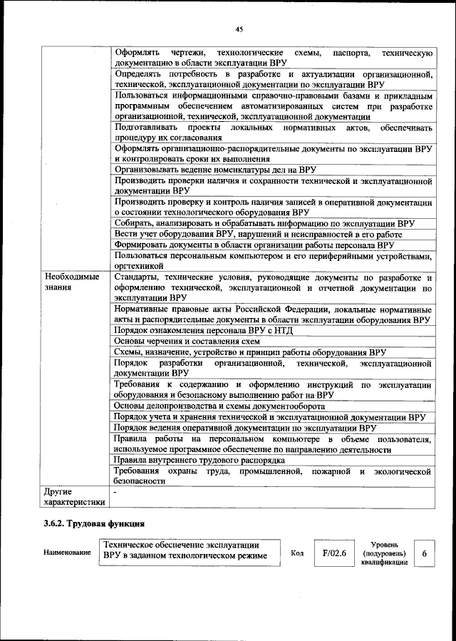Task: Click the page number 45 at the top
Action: (x=239, y=29)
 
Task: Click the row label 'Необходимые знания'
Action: (x=72, y=282)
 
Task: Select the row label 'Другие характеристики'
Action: (x=74, y=496)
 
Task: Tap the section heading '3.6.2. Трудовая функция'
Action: (x=88, y=525)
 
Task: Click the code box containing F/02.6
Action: (x=334, y=552)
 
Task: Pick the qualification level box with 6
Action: (x=425, y=553)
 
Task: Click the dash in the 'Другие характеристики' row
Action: (x=115, y=491)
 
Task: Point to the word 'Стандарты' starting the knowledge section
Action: (x=135, y=277)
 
